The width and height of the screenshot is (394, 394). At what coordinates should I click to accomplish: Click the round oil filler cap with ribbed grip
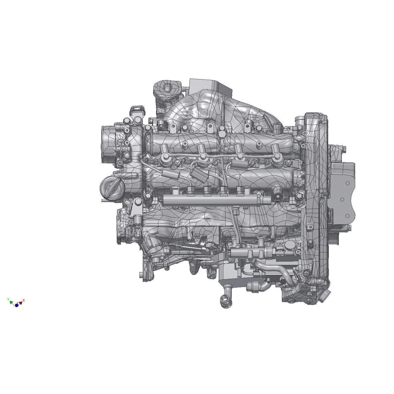[x=112, y=188]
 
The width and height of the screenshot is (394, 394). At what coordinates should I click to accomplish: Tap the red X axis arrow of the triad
[x=21, y=302]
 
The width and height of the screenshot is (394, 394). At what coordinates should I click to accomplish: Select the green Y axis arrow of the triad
[x=11, y=302]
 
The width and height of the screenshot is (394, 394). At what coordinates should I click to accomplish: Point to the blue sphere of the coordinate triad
[x=17, y=305]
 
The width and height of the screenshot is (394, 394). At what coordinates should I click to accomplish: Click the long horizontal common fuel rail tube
[x=209, y=200]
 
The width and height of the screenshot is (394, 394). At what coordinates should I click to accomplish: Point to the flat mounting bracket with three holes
[x=342, y=191]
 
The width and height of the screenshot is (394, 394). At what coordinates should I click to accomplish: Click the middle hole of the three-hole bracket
[x=342, y=199]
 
